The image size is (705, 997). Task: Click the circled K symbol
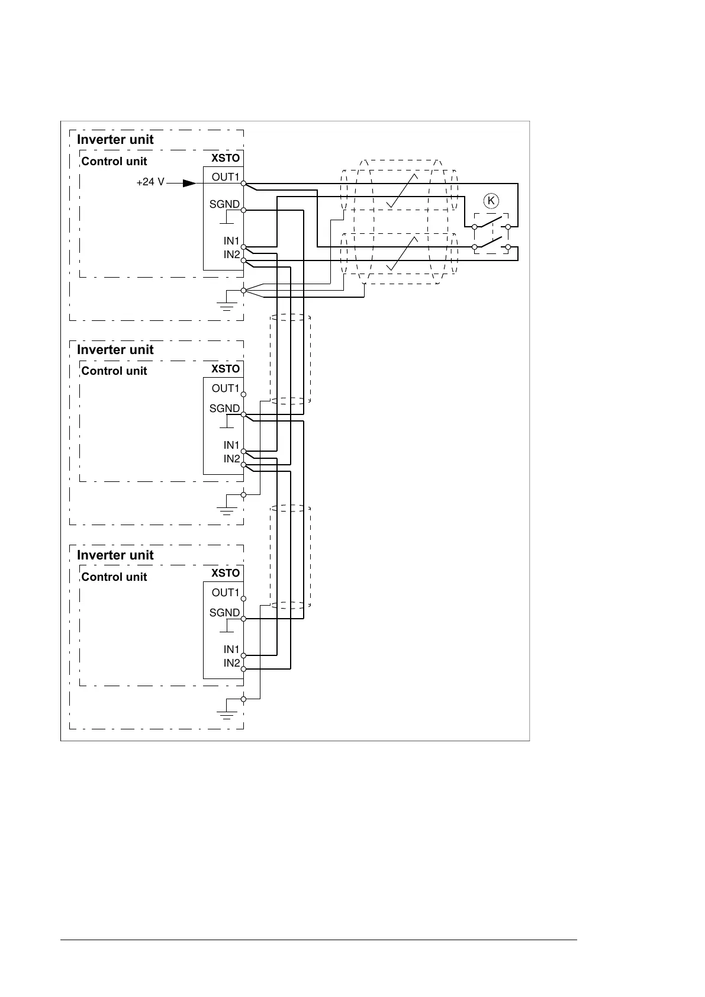pyautogui.click(x=491, y=201)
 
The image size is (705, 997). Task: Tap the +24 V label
pyautogui.click(x=150, y=182)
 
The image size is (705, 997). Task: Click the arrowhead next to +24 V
pyautogui.click(x=189, y=183)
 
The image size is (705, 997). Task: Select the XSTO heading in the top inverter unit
pyautogui.click(x=226, y=158)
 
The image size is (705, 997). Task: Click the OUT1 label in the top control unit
pyautogui.click(x=226, y=177)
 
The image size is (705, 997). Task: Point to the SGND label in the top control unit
pyautogui.click(x=224, y=204)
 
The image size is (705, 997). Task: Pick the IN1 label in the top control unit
pyautogui.click(x=231, y=241)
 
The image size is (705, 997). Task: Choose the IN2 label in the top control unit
pyautogui.click(x=231, y=255)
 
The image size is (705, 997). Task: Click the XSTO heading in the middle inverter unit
pyautogui.click(x=226, y=368)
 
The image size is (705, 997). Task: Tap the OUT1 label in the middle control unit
pyautogui.click(x=226, y=388)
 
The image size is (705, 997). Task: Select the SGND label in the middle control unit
pyautogui.click(x=224, y=409)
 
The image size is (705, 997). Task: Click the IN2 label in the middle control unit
pyautogui.click(x=231, y=459)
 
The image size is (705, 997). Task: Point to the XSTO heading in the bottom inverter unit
pyautogui.click(x=226, y=573)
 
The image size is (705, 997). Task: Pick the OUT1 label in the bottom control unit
pyautogui.click(x=226, y=593)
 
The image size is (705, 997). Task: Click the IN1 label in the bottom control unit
pyautogui.click(x=231, y=649)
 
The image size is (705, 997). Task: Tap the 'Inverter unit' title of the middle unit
pyautogui.click(x=115, y=349)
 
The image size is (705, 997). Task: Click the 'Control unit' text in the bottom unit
pyautogui.click(x=114, y=577)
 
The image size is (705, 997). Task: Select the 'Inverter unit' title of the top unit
pyautogui.click(x=115, y=139)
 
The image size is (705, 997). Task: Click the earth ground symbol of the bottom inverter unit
pyautogui.click(x=227, y=713)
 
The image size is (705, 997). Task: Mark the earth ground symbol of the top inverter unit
pyautogui.click(x=227, y=304)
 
